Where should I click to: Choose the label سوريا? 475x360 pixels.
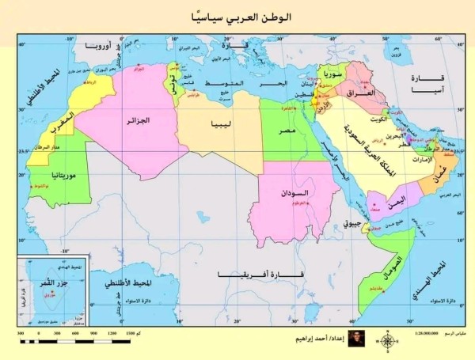coord(332,77)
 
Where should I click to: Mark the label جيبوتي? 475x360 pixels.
coord(354,225)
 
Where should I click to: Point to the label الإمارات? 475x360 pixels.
coord(424,160)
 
